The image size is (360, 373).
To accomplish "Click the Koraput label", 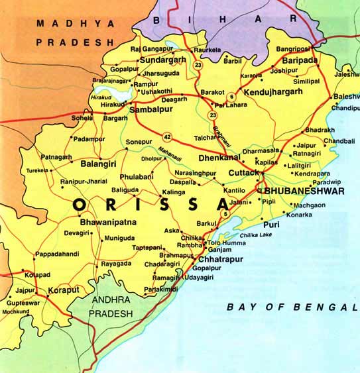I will click(x=65, y=290).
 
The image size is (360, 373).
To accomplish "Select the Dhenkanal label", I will click(x=217, y=158).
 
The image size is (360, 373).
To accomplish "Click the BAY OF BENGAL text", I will click(x=286, y=307).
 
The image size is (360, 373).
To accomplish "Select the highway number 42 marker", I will click(x=167, y=138).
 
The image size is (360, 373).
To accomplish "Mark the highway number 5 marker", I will click(x=225, y=214).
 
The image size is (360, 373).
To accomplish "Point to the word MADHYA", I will click(x=66, y=23).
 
